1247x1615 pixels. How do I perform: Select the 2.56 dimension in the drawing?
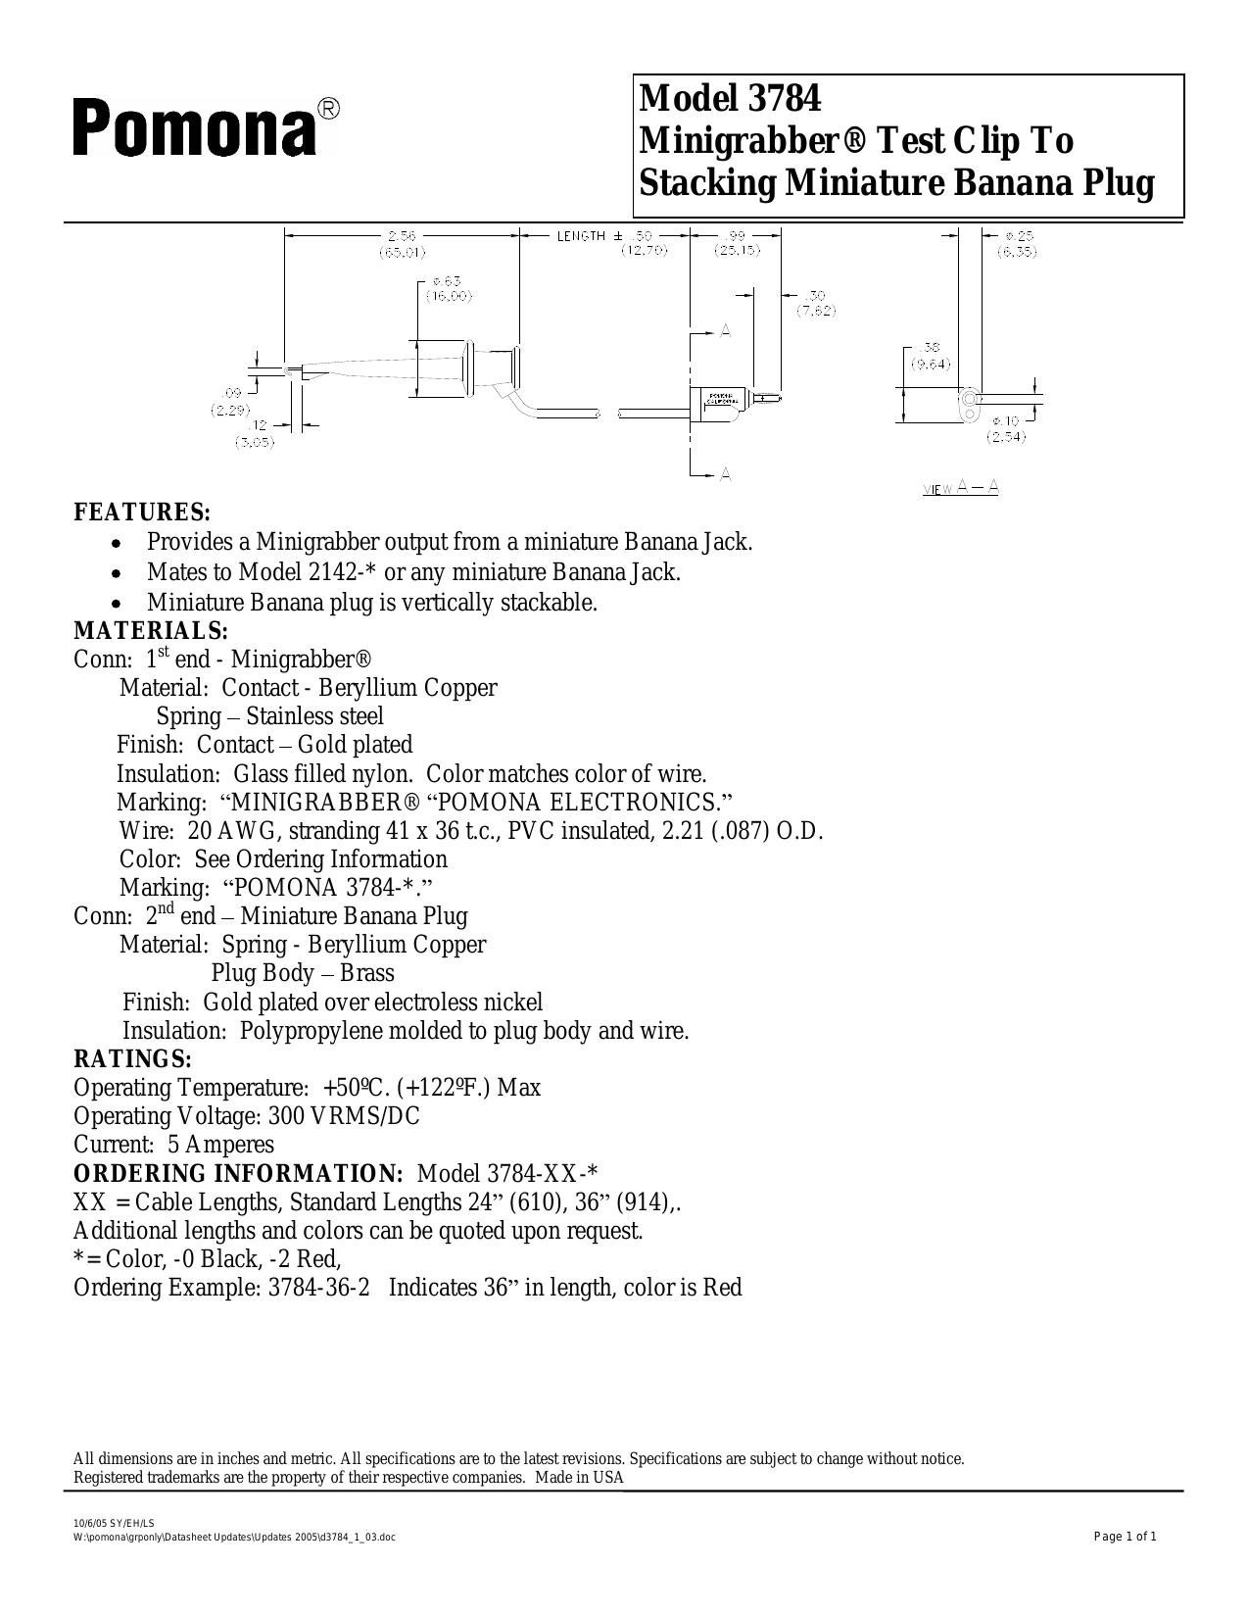coord(402,235)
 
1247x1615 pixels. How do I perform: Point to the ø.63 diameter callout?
coord(447,281)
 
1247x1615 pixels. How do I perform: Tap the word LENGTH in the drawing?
coord(582,235)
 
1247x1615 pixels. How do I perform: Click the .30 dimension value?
coord(815,295)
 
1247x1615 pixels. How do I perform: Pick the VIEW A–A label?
coord(960,488)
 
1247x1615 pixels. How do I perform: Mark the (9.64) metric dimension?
coord(931,364)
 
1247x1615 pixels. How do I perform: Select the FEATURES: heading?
coord(142,513)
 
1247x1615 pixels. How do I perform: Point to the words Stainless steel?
coord(314,715)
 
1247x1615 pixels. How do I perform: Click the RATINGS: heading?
coord(132,1058)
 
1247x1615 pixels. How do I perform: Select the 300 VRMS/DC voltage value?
coord(344,1115)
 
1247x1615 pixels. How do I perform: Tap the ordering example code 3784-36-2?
coord(318,1287)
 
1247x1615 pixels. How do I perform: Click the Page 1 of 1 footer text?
coord(1126,1537)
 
